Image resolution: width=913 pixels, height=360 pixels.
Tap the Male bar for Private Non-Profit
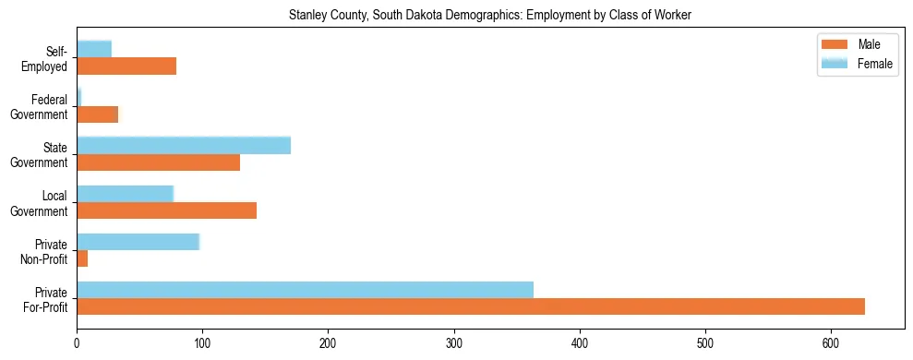[x=82, y=258]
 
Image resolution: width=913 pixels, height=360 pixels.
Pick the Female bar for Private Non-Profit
[x=138, y=242]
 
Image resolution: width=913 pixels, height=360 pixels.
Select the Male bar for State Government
[x=158, y=162]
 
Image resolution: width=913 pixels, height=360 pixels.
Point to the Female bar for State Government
[x=184, y=145]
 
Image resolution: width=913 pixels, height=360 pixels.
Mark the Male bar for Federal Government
[x=98, y=114]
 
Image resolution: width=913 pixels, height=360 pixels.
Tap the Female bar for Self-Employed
[x=94, y=49]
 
